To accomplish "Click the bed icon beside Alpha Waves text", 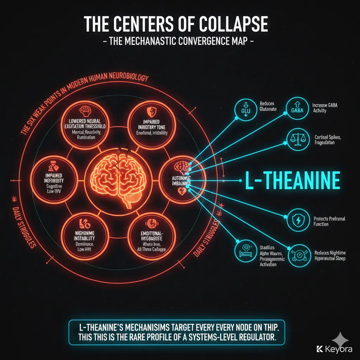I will coord(245,253).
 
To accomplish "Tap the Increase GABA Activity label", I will coord(324,108).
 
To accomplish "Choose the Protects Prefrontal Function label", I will coord(329,221).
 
